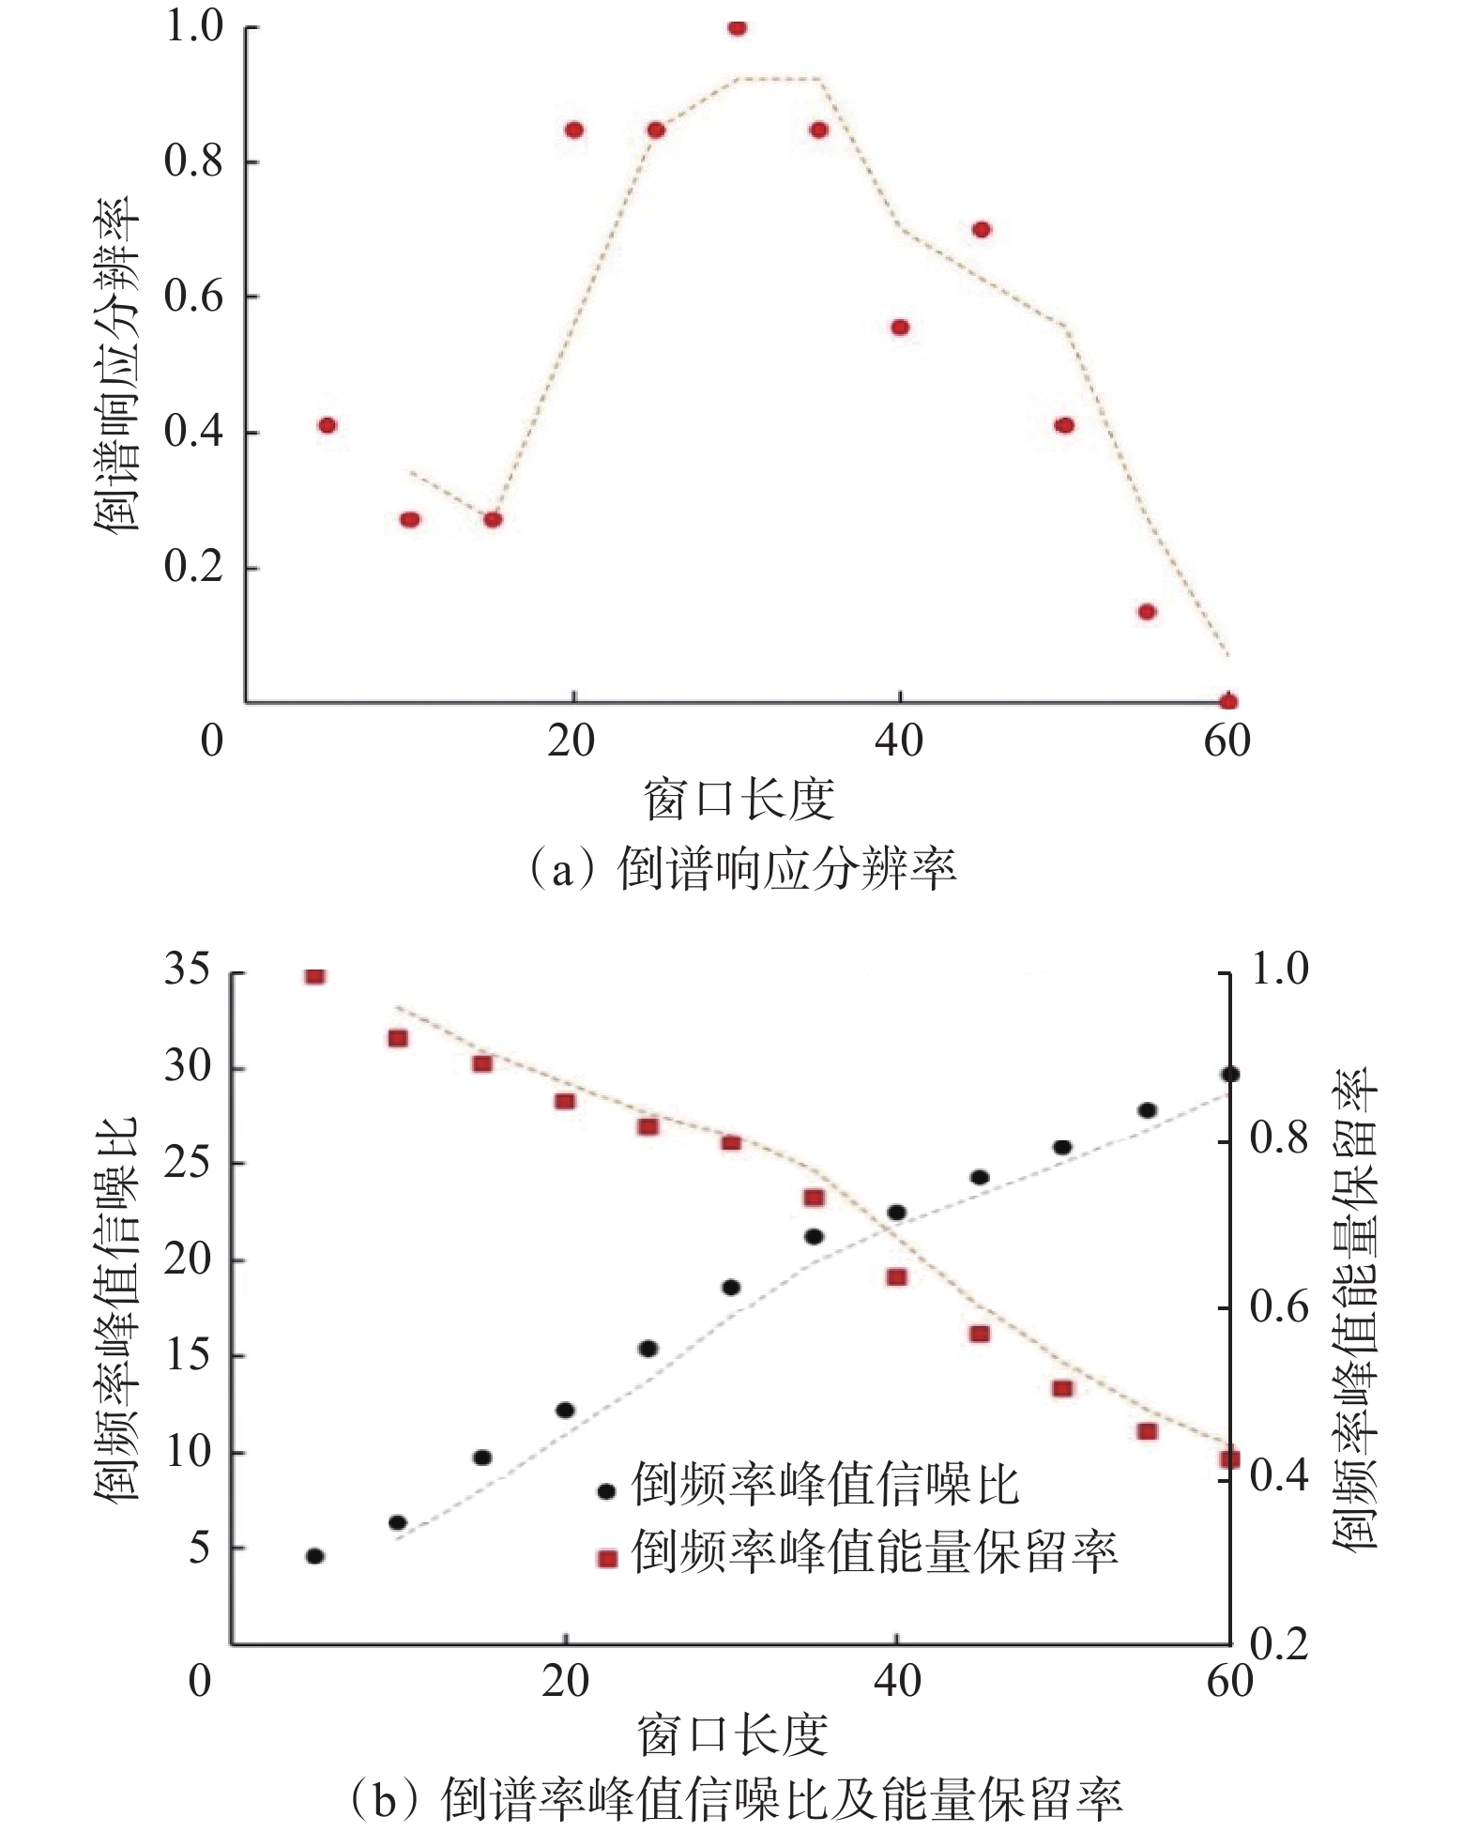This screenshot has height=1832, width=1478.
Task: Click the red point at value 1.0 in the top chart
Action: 738,27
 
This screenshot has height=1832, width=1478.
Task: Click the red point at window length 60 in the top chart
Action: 1228,701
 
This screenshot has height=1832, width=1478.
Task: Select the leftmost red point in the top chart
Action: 327,425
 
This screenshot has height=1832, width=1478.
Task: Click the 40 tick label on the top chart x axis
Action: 899,741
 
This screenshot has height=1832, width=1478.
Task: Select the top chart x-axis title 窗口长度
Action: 739,800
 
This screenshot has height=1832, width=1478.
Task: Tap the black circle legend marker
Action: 607,1491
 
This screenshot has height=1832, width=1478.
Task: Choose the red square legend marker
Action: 607,1559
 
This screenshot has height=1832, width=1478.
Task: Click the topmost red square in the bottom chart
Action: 315,975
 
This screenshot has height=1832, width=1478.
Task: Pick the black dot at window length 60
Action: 1230,1075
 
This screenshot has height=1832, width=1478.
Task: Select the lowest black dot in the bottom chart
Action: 315,1556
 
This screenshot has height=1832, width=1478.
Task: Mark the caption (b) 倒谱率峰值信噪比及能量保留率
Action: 737,1799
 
